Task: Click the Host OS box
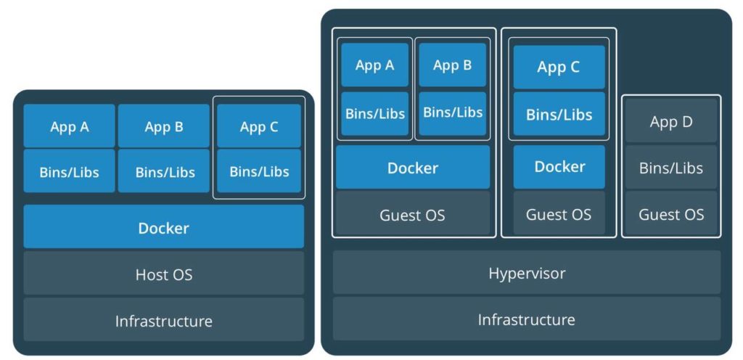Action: point(163,274)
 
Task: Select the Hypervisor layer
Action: point(527,273)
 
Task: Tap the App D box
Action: point(671,121)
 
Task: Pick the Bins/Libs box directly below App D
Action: point(671,168)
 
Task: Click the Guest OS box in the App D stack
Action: point(671,214)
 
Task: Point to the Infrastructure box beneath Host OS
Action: point(163,320)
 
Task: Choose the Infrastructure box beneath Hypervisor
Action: point(527,319)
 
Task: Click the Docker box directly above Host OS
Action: point(163,227)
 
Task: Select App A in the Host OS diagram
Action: point(70,126)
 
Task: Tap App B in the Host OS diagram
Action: point(164,126)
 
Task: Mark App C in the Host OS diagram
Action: point(259,126)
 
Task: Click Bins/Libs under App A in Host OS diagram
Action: point(70,172)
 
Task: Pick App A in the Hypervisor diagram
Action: point(375,65)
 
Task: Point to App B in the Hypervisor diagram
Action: point(452,65)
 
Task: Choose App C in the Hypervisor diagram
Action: point(559,67)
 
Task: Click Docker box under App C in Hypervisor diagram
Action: point(559,167)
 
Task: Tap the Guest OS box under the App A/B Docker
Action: point(412,215)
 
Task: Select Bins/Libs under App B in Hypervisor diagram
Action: point(452,112)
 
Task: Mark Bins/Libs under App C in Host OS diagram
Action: point(259,172)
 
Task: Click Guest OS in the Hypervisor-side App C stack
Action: point(559,214)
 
